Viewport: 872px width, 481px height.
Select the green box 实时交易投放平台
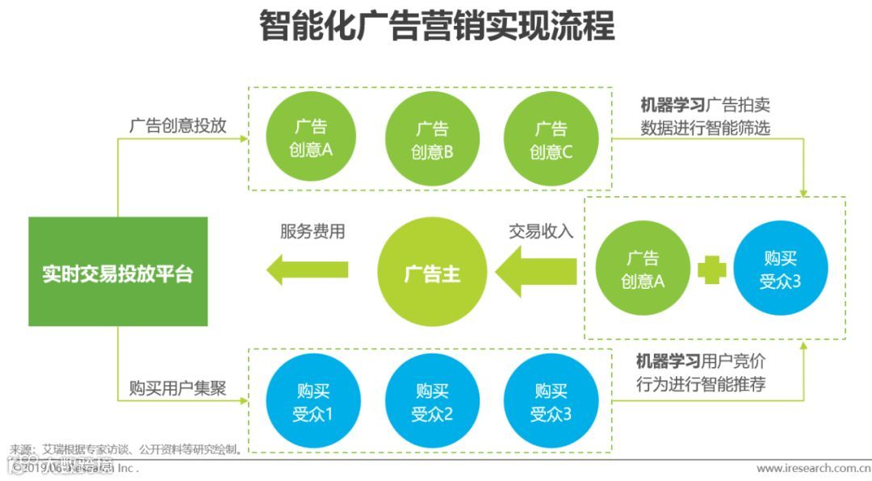coord(118,272)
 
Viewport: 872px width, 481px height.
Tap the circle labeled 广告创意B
coord(432,140)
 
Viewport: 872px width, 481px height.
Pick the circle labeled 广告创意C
coord(551,140)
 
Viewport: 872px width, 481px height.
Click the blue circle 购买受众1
coord(312,403)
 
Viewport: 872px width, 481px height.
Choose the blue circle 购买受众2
coord(432,403)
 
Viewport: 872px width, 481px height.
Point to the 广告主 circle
coord(432,273)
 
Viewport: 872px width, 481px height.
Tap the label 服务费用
coord(312,232)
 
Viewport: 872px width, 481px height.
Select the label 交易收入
coord(540,232)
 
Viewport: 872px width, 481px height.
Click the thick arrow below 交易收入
coord(536,272)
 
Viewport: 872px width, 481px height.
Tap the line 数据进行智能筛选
coord(706,128)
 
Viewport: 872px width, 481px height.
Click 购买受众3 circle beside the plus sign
coord(781,270)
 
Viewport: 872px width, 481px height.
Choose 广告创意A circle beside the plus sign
coord(643,270)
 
